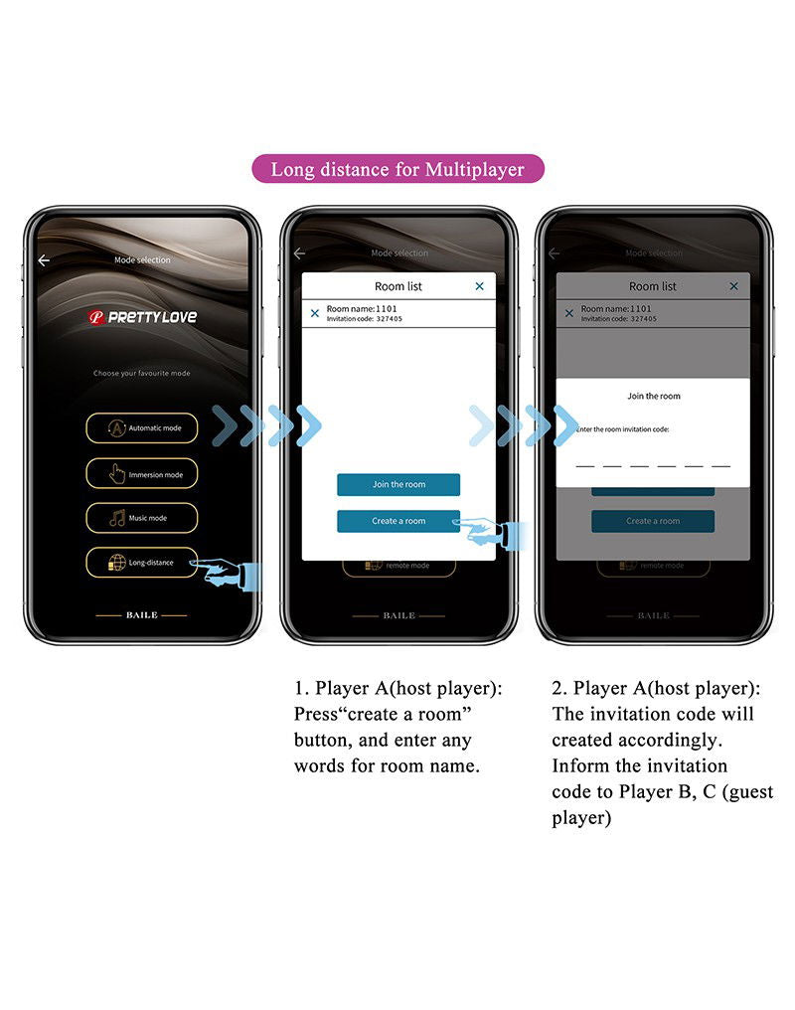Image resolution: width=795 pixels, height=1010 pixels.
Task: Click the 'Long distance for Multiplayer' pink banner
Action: [397, 169]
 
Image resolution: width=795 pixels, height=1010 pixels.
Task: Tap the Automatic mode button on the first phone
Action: [141, 428]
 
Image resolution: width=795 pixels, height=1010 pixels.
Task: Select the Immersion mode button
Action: [141, 474]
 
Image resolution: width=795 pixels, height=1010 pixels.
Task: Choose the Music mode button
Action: [141, 518]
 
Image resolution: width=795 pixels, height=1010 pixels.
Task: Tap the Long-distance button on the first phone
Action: [141, 563]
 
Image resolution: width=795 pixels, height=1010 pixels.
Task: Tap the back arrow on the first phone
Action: [44, 260]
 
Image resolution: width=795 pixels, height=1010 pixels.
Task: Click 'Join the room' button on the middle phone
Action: [398, 484]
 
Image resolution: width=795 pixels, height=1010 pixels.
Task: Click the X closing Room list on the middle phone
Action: [479, 286]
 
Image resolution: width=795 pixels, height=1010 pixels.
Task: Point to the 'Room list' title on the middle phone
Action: [398, 286]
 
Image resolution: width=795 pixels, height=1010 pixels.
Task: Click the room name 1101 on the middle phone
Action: [348, 309]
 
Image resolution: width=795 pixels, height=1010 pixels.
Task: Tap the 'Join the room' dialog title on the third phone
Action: [653, 396]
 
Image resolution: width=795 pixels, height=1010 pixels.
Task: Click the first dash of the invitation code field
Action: [585, 465]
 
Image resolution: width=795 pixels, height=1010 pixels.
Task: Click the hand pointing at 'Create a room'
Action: [494, 533]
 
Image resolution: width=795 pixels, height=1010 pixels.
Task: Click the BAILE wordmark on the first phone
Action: [141, 615]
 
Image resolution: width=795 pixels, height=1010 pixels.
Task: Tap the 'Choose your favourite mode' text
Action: [141, 374]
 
